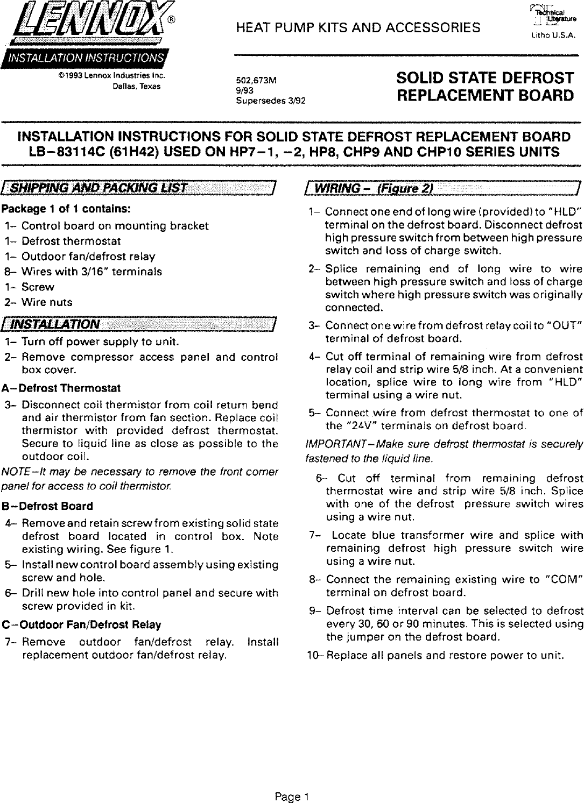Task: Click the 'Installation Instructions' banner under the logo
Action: coord(86,58)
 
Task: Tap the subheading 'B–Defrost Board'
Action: coord(47,506)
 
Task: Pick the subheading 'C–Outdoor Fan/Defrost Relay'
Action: coord(81,625)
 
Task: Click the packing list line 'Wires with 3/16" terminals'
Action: coord(92,272)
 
